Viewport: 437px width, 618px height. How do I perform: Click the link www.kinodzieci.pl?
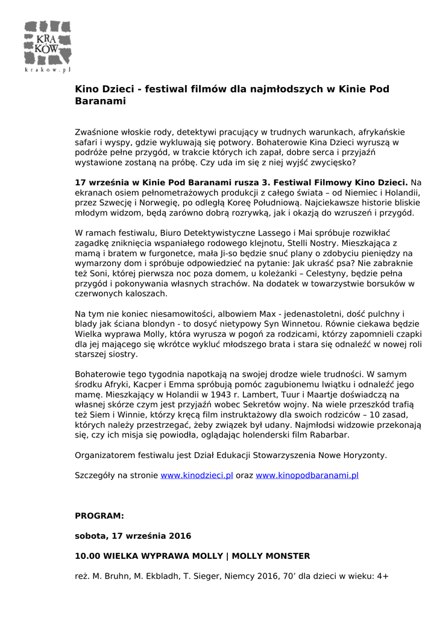pyautogui.click(x=196, y=476)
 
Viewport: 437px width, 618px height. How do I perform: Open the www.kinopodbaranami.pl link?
pyautogui.click(x=307, y=476)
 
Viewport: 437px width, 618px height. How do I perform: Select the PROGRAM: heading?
pyautogui.click(x=99, y=516)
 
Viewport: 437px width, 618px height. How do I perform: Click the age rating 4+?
pyautogui.click(x=383, y=576)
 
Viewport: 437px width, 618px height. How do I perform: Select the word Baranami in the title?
pyautogui.click(x=100, y=101)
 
